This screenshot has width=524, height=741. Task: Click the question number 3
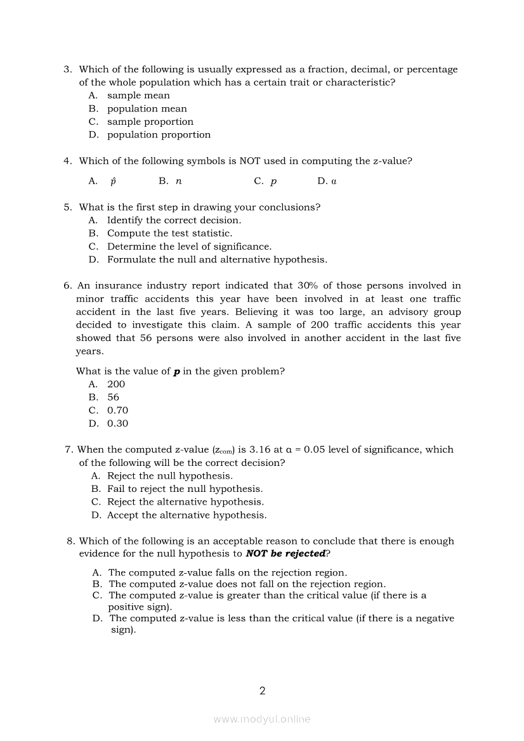(67, 69)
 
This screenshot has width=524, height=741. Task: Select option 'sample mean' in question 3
(138, 96)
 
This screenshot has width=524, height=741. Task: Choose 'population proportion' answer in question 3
(159, 135)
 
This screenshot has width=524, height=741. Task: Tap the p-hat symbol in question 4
(113, 181)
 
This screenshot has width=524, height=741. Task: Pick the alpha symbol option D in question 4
(334, 181)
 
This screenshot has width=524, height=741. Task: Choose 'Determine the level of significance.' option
(189, 247)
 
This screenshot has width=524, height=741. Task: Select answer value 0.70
(117, 411)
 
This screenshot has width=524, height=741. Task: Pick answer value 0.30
(117, 424)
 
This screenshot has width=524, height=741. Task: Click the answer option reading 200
(116, 384)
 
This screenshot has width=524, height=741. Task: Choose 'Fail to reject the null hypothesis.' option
(185, 489)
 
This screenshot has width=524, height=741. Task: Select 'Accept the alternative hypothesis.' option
(187, 515)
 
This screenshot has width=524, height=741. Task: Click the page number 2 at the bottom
(262, 691)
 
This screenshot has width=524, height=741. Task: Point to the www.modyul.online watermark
(262, 719)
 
